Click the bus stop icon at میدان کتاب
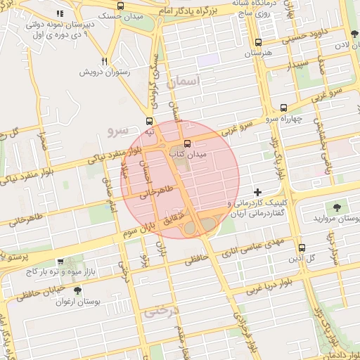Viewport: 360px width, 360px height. (x=176, y=144)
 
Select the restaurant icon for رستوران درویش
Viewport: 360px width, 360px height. (x=104, y=61)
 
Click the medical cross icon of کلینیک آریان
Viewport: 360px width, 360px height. (x=258, y=192)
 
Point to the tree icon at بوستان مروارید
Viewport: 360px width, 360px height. (x=337, y=207)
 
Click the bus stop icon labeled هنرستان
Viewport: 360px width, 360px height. (x=258, y=42)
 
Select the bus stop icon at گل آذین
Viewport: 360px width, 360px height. (x=302, y=247)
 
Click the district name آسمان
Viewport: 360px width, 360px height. (x=185, y=82)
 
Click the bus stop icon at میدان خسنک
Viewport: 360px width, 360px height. (x=121, y=6)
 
